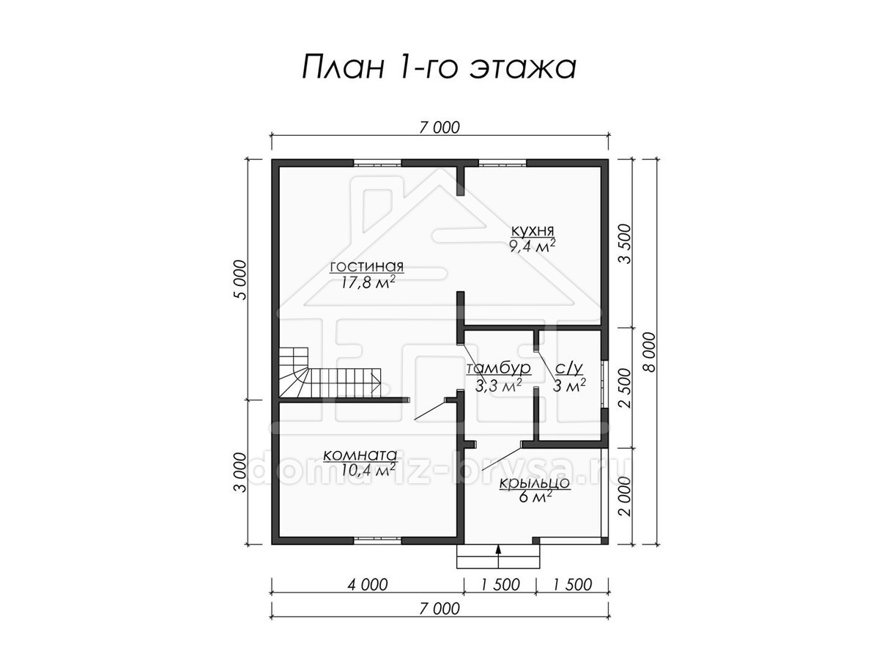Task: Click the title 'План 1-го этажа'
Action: tap(439, 67)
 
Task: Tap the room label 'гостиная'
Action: tap(366, 266)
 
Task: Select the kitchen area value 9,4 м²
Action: tap(533, 246)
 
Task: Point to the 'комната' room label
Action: tap(360, 455)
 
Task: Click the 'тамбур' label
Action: tap(498, 368)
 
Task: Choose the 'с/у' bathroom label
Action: tap(569, 368)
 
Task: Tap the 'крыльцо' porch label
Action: tap(534, 483)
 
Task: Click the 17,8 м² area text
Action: tap(368, 282)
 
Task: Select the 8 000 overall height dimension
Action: tap(650, 352)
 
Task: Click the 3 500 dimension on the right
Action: tap(625, 243)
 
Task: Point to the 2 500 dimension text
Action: tap(625, 388)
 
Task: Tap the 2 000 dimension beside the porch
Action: tap(625, 496)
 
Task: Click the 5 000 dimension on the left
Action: tap(240, 279)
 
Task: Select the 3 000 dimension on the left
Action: tap(240, 472)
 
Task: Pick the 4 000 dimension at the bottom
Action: tap(368, 584)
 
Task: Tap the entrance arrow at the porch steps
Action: tap(499, 556)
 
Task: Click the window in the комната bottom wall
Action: tap(377, 540)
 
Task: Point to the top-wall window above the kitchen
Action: tap(502, 163)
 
